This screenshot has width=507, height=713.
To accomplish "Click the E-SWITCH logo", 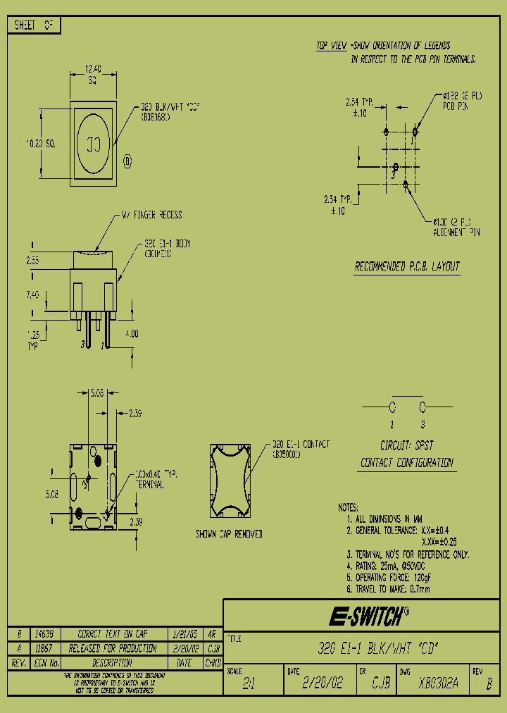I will (366, 618).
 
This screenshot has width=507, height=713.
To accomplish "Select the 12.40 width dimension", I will (93, 69).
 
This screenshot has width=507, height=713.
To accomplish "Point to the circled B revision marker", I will (127, 161).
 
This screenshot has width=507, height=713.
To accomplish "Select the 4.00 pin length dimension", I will (132, 333).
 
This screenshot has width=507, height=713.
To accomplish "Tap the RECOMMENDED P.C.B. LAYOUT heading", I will (406, 266).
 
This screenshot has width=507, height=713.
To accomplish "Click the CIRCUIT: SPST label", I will (407, 446).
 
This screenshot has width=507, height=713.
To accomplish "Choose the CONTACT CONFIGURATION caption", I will (407, 463).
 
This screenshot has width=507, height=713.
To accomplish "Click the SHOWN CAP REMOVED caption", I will (229, 535).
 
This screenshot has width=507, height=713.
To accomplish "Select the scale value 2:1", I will (249, 683).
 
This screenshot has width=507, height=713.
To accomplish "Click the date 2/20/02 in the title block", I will (323, 683).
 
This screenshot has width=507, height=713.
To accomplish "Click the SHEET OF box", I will (34, 25).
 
